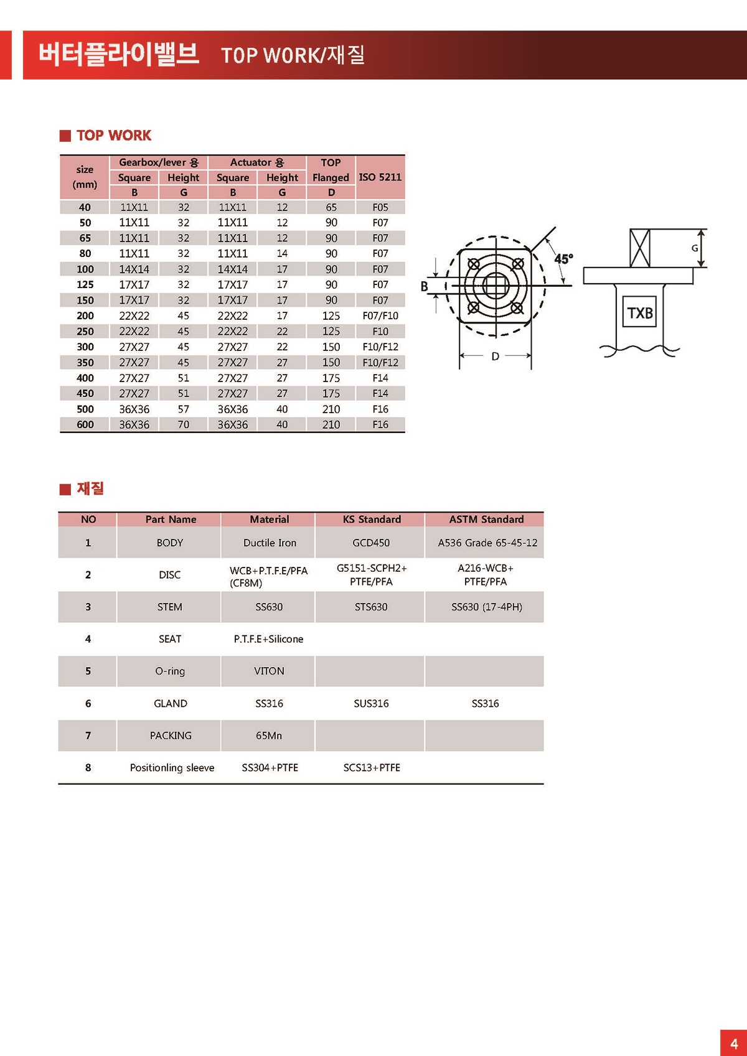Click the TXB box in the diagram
click(639, 312)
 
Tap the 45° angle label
click(563, 259)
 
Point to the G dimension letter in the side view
click(695, 248)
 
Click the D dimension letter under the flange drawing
click(496, 357)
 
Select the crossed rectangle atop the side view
click(640, 248)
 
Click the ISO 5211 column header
click(380, 177)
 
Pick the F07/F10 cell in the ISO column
click(380, 316)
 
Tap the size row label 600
click(85, 425)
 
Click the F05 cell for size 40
click(380, 207)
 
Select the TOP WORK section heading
click(113, 136)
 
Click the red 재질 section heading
click(90, 488)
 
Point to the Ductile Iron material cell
click(270, 543)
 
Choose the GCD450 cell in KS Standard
click(371, 543)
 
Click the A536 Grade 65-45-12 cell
click(487, 543)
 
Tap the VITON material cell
click(269, 671)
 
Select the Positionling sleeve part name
click(172, 768)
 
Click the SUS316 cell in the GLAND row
click(371, 703)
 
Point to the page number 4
click(734, 1044)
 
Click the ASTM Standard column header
click(486, 520)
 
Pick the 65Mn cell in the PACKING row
click(269, 736)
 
